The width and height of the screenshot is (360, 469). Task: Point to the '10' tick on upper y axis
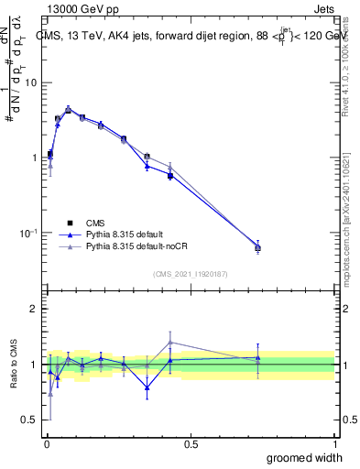pos(30,82)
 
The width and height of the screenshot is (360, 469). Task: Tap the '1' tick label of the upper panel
pos(34,158)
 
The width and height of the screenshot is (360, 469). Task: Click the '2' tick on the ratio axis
pos(34,309)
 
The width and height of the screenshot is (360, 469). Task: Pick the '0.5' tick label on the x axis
pos(191,443)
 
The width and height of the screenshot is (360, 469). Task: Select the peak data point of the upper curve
pos(68,109)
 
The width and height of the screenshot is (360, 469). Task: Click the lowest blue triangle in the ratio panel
pos(147,387)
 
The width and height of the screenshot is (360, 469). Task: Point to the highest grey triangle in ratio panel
pos(170,343)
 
